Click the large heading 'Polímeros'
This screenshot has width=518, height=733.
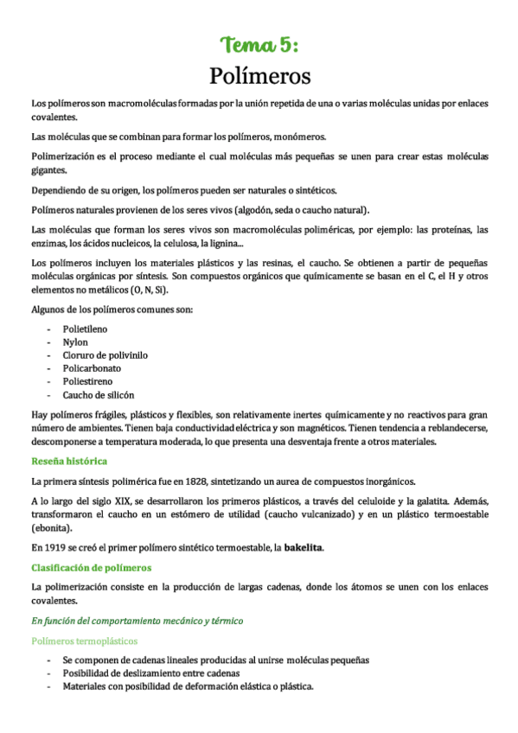pos(259,76)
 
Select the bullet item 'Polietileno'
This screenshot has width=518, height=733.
pos(85,329)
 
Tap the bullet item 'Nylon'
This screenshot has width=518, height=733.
pos(75,342)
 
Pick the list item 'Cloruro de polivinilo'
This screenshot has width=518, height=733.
pos(105,355)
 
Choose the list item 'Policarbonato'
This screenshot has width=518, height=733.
pos(92,368)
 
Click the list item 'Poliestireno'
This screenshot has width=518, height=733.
pos(87,381)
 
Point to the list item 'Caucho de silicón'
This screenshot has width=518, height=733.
pos(99,394)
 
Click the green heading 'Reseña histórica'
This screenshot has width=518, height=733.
pos(69,461)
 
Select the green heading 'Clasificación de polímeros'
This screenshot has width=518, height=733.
pos(91,567)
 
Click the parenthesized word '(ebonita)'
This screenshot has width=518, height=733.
pos(52,528)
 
